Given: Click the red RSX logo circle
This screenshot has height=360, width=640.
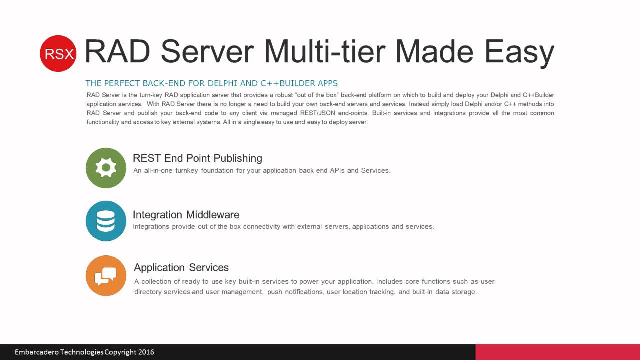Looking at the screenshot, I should pyautogui.click(x=58, y=53).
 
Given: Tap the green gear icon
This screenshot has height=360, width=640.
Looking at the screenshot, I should pyautogui.click(x=106, y=168).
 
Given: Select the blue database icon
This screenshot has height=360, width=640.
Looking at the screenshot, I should pyautogui.click(x=106, y=221).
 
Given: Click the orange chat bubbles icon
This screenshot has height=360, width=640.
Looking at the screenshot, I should pyautogui.click(x=106, y=275).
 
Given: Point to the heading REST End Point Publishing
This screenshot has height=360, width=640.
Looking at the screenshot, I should pyautogui.click(x=197, y=158).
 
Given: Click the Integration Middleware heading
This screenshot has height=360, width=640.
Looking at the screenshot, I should pyautogui.click(x=186, y=215).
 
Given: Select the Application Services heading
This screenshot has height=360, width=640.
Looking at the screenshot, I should pyautogui.click(x=181, y=267).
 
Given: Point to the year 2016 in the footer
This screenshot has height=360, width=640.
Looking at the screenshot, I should pyautogui.click(x=146, y=352).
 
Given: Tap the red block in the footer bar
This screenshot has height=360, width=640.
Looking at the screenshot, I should pyautogui.click(x=557, y=352).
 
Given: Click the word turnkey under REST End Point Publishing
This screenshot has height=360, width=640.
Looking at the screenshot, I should pyautogui.click(x=187, y=171).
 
